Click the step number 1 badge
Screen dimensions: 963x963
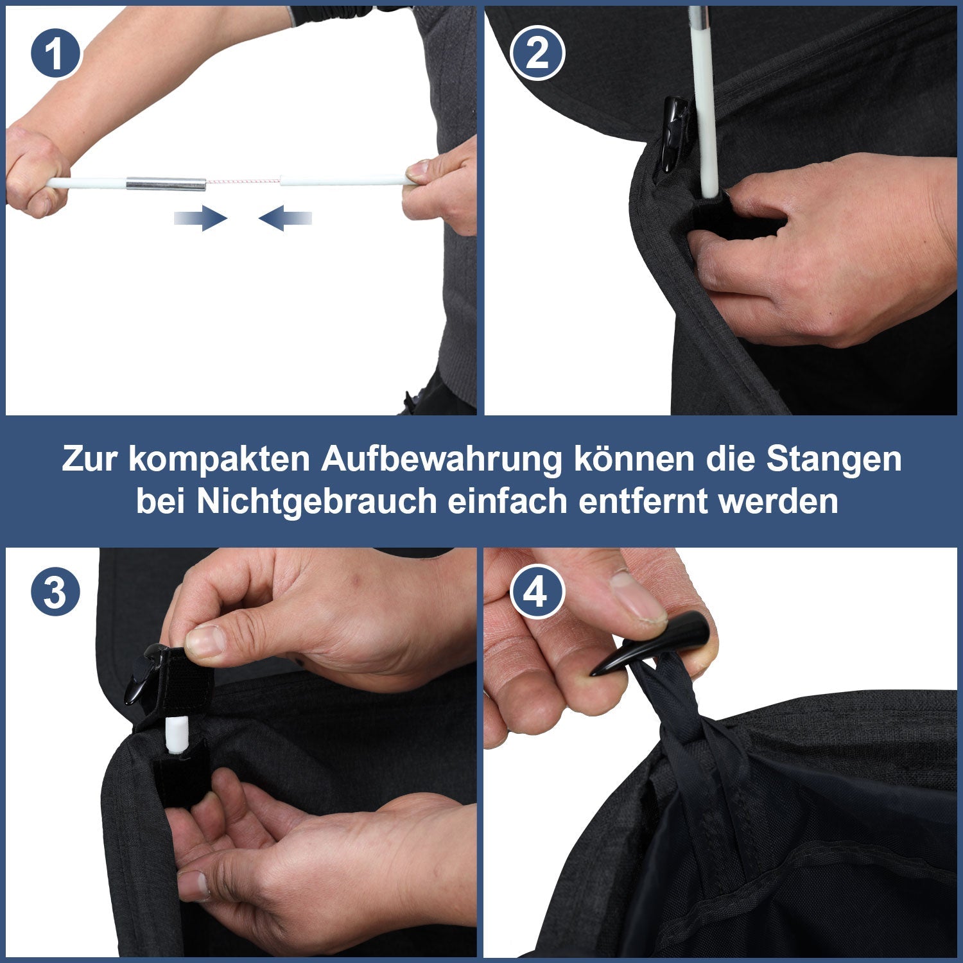tap(55, 53)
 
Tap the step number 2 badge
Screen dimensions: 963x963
tap(537, 53)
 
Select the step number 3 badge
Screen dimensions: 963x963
tap(55, 591)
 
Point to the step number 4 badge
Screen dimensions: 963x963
tap(537, 591)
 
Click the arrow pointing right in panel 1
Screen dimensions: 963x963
tap(201, 218)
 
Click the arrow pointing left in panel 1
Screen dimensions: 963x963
tap(285, 218)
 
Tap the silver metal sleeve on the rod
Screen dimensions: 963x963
tap(166, 184)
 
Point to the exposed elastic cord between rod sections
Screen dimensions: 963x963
tap(243, 182)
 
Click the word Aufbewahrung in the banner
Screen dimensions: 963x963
tap(441, 459)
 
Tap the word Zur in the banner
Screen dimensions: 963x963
tap(90, 459)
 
